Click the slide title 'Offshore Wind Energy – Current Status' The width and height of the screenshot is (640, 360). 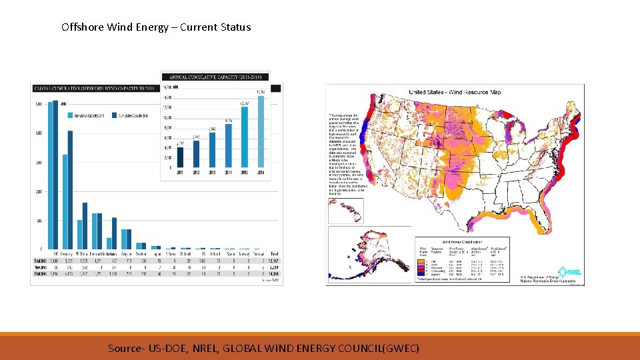click(x=156, y=27)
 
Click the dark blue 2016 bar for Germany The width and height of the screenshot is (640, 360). click(x=69, y=189)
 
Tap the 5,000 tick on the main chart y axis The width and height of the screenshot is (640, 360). click(x=39, y=103)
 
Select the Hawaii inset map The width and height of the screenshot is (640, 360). click(x=345, y=210)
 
